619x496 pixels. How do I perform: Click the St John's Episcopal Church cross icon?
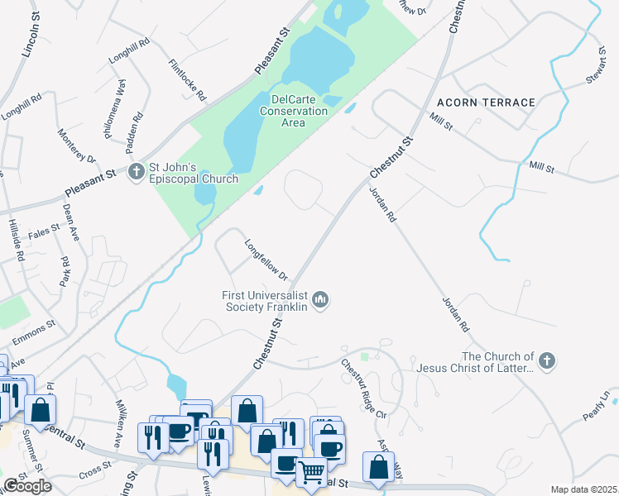(x=137, y=172)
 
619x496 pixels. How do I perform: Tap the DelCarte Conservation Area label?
(x=294, y=110)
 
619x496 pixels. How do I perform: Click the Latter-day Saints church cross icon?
(x=546, y=360)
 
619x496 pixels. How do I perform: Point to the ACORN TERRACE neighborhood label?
(x=493, y=103)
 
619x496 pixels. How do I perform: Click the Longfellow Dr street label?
(x=266, y=260)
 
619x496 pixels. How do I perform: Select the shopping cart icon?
(x=312, y=472)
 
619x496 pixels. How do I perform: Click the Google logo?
(x=27, y=485)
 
